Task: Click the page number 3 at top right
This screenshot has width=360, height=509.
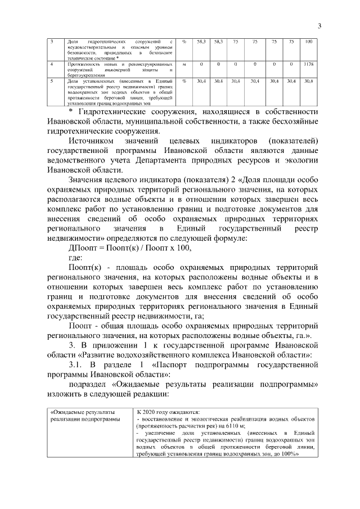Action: pyautogui.click(x=319, y=25)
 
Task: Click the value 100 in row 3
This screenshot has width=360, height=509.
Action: pyautogui.click(x=309, y=42)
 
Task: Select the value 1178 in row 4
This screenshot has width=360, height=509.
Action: pyautogui.click(x=308, y=65)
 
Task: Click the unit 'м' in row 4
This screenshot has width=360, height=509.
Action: pyautogui.click(x=184, y=65)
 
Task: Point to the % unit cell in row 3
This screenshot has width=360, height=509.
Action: pyautogui.click(x=184, y=42)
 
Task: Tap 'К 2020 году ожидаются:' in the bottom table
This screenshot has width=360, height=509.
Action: pyautogui.click(x=168, y=411)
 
